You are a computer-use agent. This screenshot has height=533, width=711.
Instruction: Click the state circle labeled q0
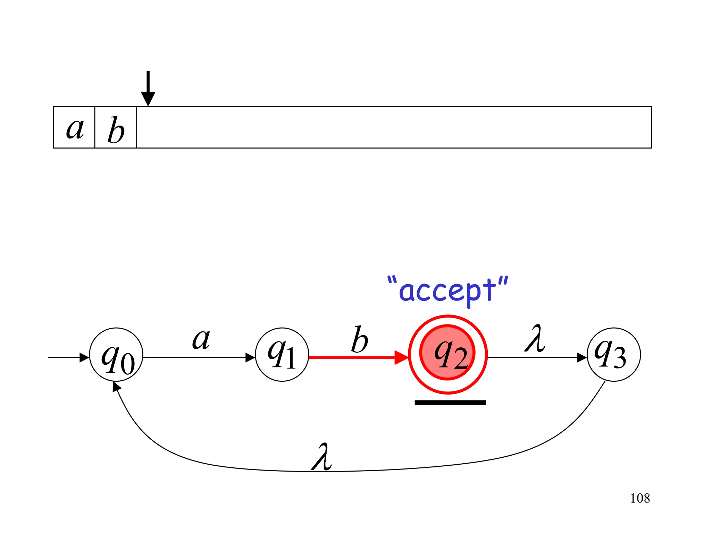pos(116,355)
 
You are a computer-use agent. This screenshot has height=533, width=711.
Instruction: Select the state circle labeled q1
pos(282,355)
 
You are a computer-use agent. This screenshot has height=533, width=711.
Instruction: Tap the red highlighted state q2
pos(448,354)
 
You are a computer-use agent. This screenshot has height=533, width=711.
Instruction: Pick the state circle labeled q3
pos(613,355)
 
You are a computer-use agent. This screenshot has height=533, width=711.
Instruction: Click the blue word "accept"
pos(448,291)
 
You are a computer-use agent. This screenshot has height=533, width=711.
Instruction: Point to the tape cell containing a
pos(74,128)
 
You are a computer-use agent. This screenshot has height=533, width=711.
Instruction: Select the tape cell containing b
pos(116,128)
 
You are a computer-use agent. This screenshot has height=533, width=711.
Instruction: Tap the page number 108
pos(640,498)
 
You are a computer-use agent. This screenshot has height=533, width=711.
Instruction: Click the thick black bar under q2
pos(450,403)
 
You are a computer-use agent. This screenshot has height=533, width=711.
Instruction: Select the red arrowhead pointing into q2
pos(401,357)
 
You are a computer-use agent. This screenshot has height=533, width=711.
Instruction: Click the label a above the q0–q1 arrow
pos(201,339)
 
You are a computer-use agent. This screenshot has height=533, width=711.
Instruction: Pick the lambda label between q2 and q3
pos(535,339)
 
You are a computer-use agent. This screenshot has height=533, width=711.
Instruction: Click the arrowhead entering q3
pos(582,357)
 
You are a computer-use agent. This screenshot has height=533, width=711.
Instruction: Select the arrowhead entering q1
pos(250,357)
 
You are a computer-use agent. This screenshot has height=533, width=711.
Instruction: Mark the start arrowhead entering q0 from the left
pos(84,357)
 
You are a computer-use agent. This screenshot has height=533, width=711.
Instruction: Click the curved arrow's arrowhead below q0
pos(117,387)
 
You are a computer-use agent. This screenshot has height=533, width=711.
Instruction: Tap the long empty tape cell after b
pos(394,128)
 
